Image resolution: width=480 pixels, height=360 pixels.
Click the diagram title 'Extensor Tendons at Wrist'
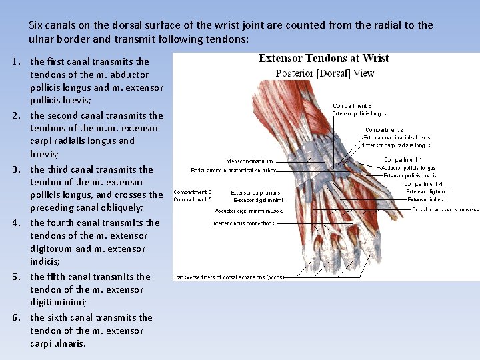324,59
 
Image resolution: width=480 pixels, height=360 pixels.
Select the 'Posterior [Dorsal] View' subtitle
325,73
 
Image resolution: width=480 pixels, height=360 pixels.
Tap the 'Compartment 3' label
351,106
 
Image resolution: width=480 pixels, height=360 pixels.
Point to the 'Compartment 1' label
403,160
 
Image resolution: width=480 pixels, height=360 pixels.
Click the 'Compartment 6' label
193,192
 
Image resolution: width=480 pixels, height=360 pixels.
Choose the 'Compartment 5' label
193,199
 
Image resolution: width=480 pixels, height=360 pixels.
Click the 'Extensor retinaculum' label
249,161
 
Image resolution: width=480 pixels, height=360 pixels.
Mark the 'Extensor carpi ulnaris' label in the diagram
256,193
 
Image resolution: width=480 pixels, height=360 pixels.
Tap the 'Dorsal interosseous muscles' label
445,209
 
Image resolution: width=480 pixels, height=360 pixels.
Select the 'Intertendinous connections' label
243,223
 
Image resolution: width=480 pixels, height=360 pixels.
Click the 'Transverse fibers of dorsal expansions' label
229,277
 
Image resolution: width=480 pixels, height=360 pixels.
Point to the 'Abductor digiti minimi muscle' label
249,211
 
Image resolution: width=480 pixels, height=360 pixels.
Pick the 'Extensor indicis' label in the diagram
426,199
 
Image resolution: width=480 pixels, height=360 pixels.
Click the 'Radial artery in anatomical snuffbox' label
233,171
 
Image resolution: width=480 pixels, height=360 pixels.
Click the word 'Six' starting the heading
37,25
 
